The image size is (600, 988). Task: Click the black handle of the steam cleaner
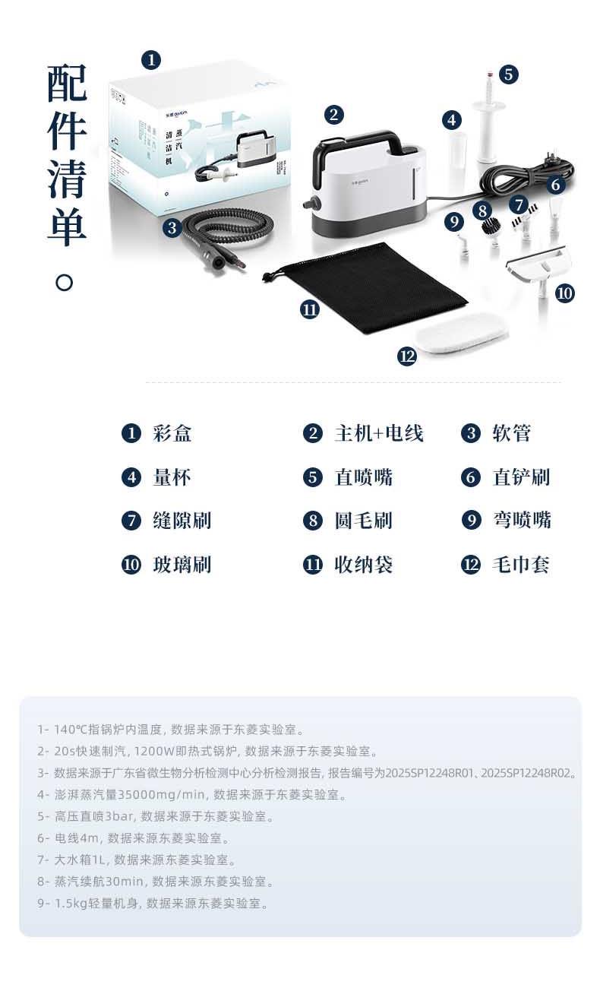pos(352,150)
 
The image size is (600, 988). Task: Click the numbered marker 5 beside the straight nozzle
pos(508,74)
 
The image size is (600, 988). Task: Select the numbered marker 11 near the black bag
pos(309,309)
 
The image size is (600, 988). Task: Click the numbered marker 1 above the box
pos(151,60)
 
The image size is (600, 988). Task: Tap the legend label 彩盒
pos(172,433)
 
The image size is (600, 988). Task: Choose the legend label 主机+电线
pos(379,433)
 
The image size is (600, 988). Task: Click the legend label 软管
pos(512,433)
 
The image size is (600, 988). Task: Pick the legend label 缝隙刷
pos(182,521)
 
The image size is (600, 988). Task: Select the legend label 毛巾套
pos(521,565)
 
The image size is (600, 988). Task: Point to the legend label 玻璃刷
pos(182,565)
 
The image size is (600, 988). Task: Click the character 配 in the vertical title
pos(67,83)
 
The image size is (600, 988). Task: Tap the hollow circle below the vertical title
pos(65,283)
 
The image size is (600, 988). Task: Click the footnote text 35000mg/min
pos(163,794)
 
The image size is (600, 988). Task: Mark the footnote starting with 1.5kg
pos(153,903)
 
